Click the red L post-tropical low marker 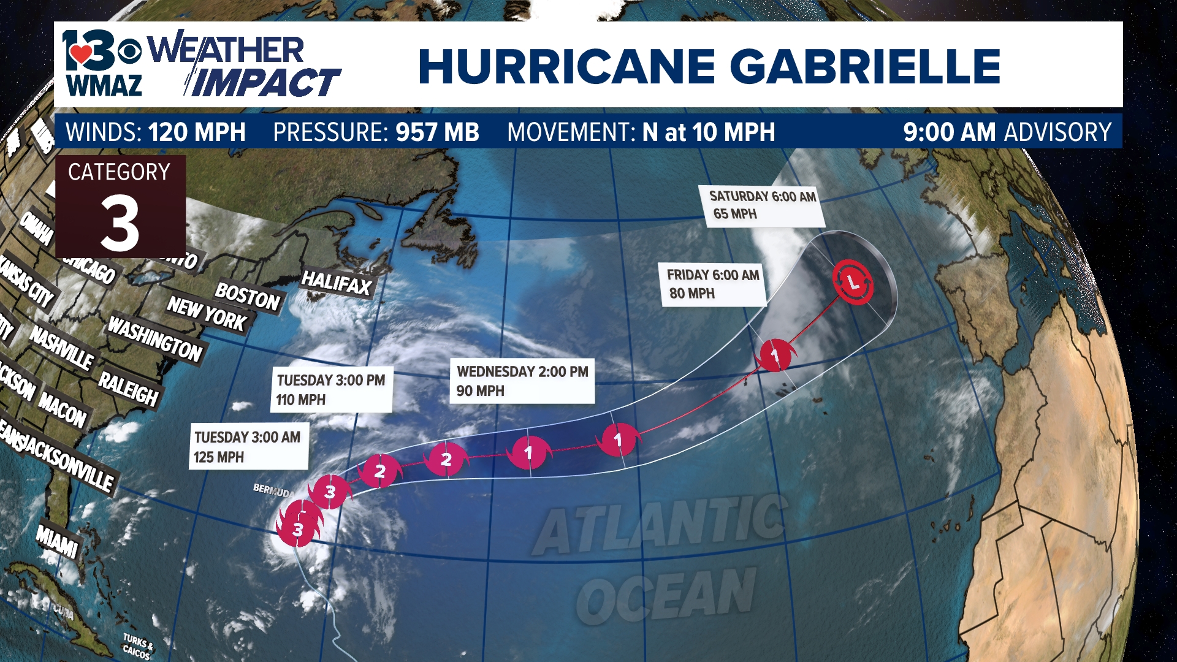pos(852,282)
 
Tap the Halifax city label pos(337,283)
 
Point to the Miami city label pos(57,540)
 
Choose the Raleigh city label pos(129,388)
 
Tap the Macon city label pos(62,409)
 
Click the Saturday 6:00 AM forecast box pos(762,206)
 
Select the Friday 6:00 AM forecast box pos(713,284)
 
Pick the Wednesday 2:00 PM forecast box pos(522,381)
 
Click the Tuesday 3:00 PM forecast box pos(331,390)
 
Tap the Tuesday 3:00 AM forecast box pos(248,447)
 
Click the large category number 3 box pos(120,207)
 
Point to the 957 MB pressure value pos(437,132)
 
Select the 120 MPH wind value pos(197,132)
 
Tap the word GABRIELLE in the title pos(865,66)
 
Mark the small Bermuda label pos(273,490)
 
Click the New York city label pos(207,314)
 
